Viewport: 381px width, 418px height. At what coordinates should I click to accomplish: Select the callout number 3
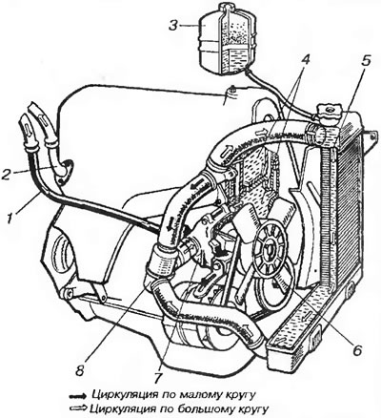173,25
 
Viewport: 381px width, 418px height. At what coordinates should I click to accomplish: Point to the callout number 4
304,61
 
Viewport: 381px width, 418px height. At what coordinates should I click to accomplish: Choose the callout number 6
357,350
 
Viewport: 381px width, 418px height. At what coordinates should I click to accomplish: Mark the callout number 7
159,376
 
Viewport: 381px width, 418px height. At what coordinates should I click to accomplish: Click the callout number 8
80,370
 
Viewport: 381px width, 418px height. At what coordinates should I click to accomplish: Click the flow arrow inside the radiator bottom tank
306,317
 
